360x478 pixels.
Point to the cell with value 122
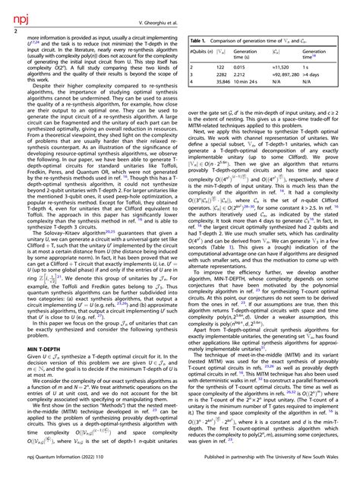coord(223,67)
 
